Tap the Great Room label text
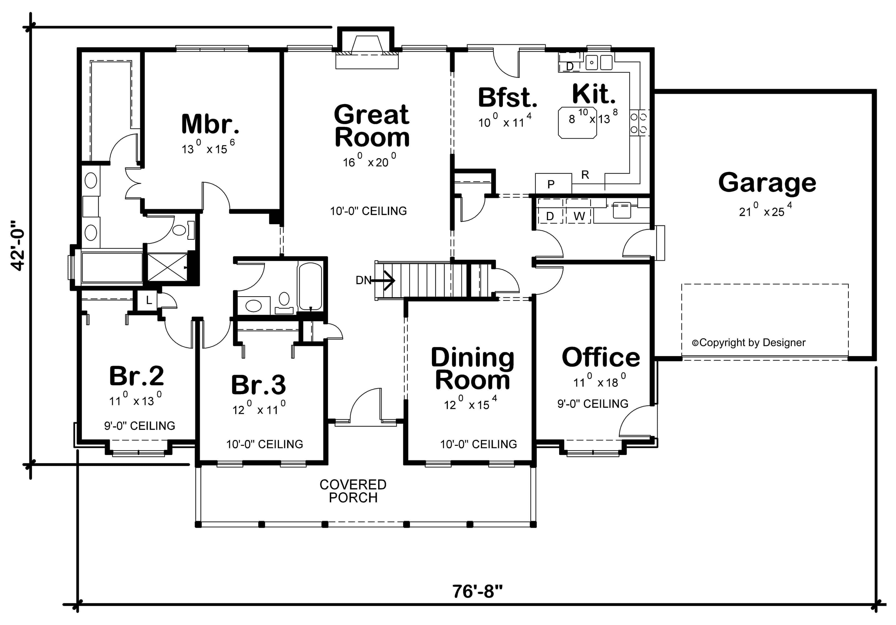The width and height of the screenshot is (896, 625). tap(372, 126)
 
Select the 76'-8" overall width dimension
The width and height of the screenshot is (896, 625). tap(477, 591)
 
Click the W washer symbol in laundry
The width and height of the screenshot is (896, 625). tap(579, 216)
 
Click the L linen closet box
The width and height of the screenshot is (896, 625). tap(149, 300)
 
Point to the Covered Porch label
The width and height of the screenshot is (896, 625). tap(353, 491)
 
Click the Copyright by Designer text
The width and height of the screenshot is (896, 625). tap(748, 343)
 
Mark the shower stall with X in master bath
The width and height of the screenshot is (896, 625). tap(167, 267)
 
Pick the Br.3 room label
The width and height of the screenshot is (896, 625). tap(258, 385)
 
